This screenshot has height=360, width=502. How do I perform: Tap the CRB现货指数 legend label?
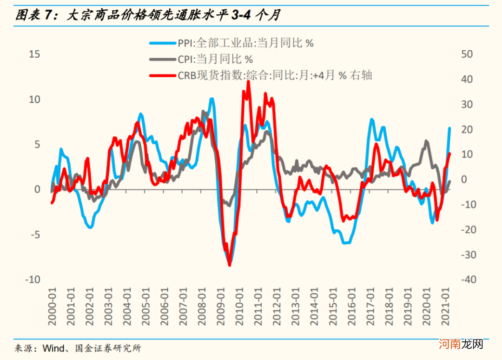274,75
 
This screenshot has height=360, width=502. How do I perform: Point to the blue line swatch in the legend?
162,44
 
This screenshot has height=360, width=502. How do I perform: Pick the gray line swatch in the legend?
162,60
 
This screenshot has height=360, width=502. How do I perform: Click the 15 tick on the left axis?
34,54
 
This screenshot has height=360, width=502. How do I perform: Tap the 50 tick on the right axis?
466,54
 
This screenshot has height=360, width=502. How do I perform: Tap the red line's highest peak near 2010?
249,81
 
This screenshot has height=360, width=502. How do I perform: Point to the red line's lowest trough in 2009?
229,265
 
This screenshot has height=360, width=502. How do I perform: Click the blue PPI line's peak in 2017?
372,120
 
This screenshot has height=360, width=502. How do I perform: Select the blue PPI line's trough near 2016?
345,243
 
